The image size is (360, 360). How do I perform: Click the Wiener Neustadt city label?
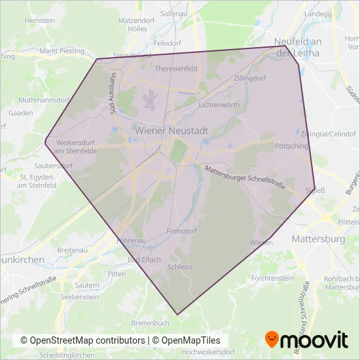coord(171,130)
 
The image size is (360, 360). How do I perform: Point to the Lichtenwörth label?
coord(209,105)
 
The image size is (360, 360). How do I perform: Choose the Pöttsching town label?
coord(292,146)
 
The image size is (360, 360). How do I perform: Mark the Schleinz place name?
coord(180,267)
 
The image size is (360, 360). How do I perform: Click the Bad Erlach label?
coord(143,260)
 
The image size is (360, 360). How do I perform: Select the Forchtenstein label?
coord(273,278)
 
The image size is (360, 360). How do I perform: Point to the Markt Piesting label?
coord(62,50)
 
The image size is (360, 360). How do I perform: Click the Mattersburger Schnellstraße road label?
coord(245,177)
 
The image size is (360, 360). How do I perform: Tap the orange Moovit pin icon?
coord(272,339)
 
